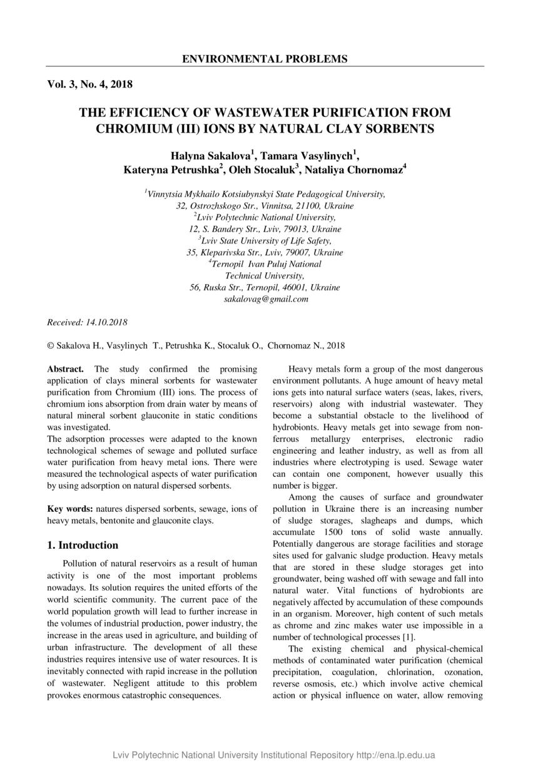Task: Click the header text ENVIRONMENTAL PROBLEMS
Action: click(265, 59)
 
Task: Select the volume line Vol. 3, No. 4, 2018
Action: click(89, 84)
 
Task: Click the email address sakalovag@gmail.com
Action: click(266, 299)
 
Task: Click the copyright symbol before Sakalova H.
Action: click(51, 345)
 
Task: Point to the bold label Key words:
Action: click(71, 509)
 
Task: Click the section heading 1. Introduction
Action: click(83, 545)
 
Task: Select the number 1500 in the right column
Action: click(347, 532)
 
